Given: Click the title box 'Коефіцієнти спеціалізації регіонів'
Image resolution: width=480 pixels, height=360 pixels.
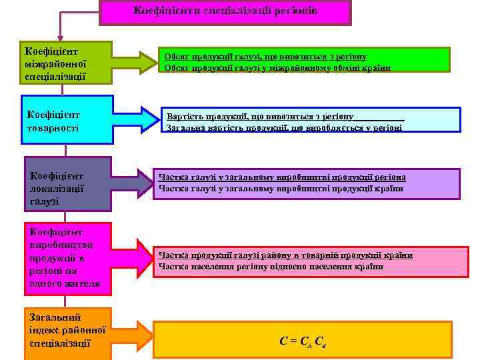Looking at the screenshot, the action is pos(225,12).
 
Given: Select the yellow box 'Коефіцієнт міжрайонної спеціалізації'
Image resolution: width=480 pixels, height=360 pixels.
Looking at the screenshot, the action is pos(67,63).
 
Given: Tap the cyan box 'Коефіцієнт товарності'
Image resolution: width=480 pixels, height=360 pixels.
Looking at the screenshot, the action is pos(67,115).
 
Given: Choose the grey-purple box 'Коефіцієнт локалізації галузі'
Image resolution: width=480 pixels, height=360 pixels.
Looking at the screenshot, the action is pos(67,184).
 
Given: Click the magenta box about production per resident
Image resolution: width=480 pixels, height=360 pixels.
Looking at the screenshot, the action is pos(67,259).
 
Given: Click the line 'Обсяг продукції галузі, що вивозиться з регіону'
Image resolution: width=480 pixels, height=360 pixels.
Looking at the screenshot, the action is pos(266,57).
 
